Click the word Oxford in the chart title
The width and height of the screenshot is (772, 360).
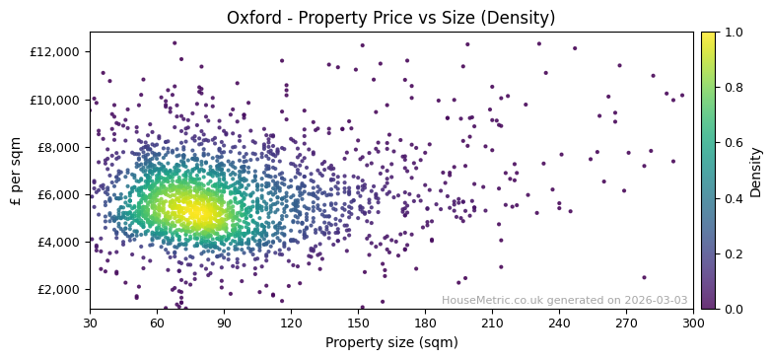click(x=250, y=18)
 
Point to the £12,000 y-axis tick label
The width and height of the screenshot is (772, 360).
click(x=57, y=52)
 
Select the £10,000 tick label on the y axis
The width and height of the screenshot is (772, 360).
click(x=57, y=100)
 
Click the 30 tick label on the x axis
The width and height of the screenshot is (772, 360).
click(x=90, y=323)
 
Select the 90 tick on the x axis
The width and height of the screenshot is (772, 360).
click(x=224, y=323)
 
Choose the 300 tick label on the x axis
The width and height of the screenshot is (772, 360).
click(x=693, y=323)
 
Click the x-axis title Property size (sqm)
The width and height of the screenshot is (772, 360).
click(x=390, y=342)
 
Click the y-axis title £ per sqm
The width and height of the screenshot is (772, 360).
click(x=16, y=171)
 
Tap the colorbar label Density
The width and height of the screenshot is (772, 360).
click(x=756, y=171)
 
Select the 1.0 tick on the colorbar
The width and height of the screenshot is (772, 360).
click(x=735, y=33)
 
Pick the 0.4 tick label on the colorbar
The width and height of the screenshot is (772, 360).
click(x=735, y=198)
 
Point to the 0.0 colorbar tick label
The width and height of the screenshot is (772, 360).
click(x=735, y=309)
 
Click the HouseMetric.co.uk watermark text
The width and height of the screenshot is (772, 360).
click(x=564, y=300)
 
